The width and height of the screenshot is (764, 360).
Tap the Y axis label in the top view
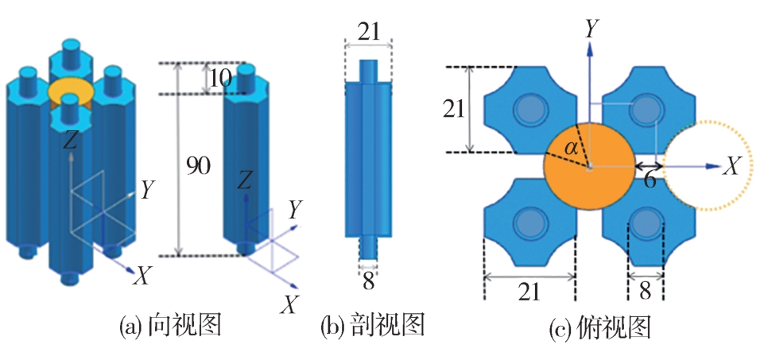tap(591, 29)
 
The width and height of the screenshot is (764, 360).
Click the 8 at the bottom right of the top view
tap(644, 291)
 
